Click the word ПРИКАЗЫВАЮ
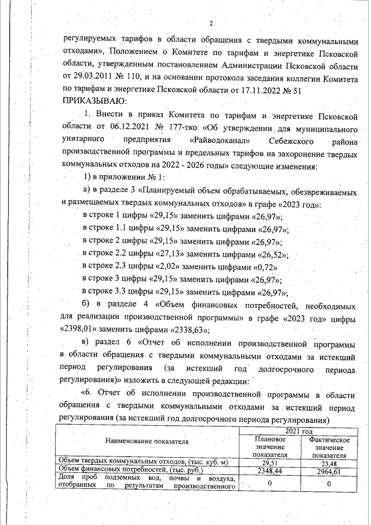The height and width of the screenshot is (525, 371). [94, 102]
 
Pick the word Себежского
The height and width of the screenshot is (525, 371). [297, 140]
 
